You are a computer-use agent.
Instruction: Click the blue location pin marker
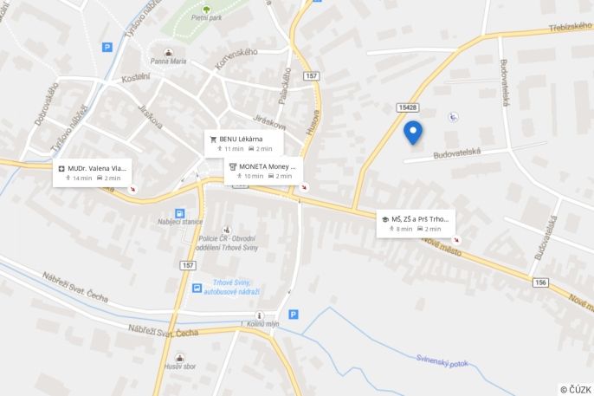click(413, 132)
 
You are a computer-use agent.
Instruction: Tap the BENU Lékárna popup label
click(245, 143)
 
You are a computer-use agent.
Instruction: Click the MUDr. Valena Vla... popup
click(94, 172)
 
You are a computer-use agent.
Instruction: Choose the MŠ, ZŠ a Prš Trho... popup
click(415, 224)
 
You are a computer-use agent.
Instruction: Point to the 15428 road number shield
click(408, 107)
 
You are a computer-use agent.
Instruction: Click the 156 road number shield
click(541, 282)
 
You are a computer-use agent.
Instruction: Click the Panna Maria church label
click(169, 62)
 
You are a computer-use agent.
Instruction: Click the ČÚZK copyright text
click(575, 389)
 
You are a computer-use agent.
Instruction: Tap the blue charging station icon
click(179, 212)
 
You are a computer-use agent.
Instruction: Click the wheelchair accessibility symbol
click(453, 117)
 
